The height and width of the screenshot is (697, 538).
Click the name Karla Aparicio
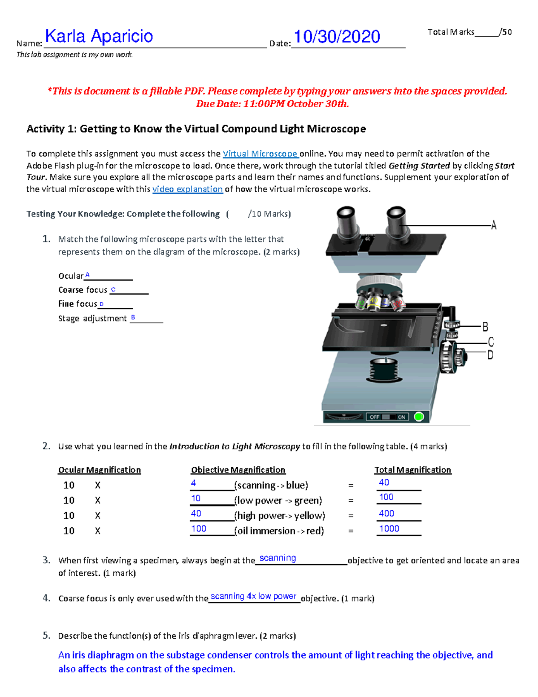[99, 36]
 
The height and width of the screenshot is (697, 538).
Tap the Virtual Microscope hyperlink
[260, 153]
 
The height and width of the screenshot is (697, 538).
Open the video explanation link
[187, 189]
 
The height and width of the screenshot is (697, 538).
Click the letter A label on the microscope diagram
[494, 225]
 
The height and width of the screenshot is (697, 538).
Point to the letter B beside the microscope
[485, 327]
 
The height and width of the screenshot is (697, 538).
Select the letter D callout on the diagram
[490, 355]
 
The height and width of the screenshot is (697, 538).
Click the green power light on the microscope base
[419, 416]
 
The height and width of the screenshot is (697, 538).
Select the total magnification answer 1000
[389, 529]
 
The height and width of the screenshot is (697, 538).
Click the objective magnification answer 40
[196, 513]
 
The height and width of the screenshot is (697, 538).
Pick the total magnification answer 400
[386, 513]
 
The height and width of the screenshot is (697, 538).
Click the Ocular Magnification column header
[100, 470]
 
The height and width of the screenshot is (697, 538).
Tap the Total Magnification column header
[412, 470]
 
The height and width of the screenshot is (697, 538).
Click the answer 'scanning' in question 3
[278, 558]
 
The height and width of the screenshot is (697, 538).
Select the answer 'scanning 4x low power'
[253, 596]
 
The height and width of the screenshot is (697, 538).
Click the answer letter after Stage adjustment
[133, 317]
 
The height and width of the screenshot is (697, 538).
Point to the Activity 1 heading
[196, 129]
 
